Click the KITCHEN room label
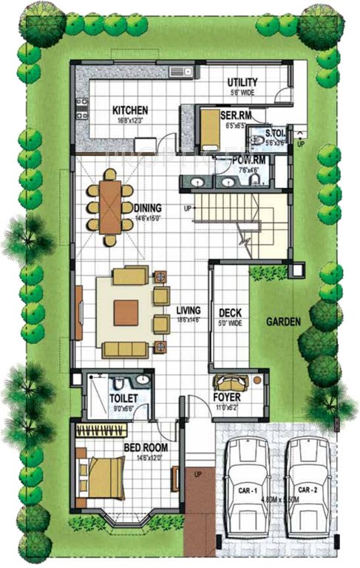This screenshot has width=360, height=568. [130, 109]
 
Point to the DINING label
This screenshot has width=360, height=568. [149, 208]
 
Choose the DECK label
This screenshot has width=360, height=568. [227, 312]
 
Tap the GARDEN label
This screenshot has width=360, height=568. [283, 322]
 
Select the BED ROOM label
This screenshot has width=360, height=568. [145, 447]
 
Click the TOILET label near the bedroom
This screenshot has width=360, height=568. [121, 397]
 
